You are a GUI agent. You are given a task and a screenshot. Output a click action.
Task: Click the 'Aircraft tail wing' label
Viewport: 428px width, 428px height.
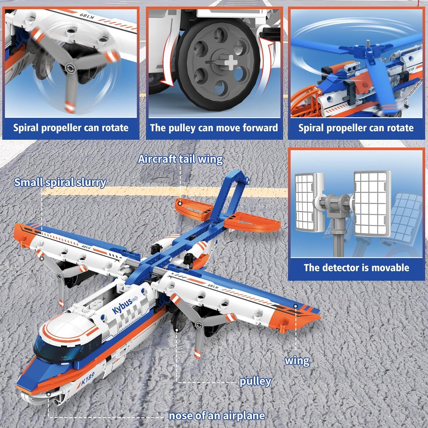tap(180, 159)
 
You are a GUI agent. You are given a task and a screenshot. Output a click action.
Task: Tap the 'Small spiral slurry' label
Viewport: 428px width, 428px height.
tap(60, 182)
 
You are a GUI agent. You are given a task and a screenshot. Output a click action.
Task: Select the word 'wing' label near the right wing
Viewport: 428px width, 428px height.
tap(297, 361)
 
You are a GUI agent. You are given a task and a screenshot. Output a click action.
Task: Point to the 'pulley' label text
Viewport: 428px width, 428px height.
tap(255, 381)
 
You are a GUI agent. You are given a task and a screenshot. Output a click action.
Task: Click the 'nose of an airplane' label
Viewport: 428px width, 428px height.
tap(217, 416)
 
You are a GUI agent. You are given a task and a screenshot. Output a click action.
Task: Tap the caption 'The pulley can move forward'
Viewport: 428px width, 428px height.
tap(214, 128)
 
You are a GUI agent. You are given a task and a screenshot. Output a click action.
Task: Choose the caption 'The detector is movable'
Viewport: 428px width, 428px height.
tap(356, 268)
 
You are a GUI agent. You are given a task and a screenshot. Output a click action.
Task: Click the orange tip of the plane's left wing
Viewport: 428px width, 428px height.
tap(24, 233)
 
